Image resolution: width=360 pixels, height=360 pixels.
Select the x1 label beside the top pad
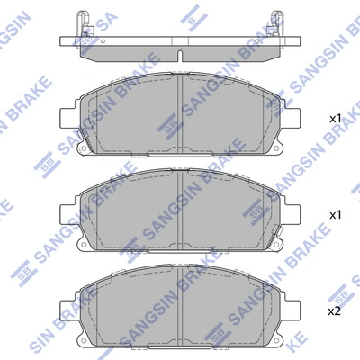pyautogui.click(x=335, y=119)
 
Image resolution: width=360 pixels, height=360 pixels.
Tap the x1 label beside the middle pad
pyautogui.click(x=335, y=216)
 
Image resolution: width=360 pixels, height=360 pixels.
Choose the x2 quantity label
pyautogui.click(x=335, y=310)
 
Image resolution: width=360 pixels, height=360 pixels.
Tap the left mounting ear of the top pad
pyautogui.click(x=67, y=116)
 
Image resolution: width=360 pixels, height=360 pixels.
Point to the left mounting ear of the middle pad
pyautogui.click(x=67, y=213)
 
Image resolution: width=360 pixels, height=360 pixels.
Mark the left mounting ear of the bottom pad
pyautogui.click(x=67, y=310)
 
